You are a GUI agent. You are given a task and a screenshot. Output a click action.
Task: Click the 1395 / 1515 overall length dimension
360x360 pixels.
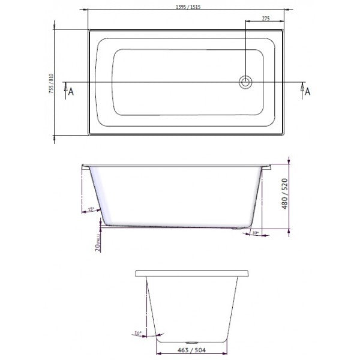[x=186, y=5]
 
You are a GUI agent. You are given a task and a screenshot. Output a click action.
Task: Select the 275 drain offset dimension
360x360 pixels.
[x=265, y=19]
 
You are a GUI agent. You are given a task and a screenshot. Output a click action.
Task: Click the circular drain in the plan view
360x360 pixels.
[x=245, y=82]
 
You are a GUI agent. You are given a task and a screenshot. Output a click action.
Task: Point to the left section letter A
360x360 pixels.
[x=71, y=91]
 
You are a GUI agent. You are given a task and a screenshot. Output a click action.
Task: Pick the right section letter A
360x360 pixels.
[x=308, y=91]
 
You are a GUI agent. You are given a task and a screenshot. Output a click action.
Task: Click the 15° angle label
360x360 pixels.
[x=91, y=209]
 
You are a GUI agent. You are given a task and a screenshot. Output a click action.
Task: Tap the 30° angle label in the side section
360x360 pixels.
[x=254, y=233]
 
